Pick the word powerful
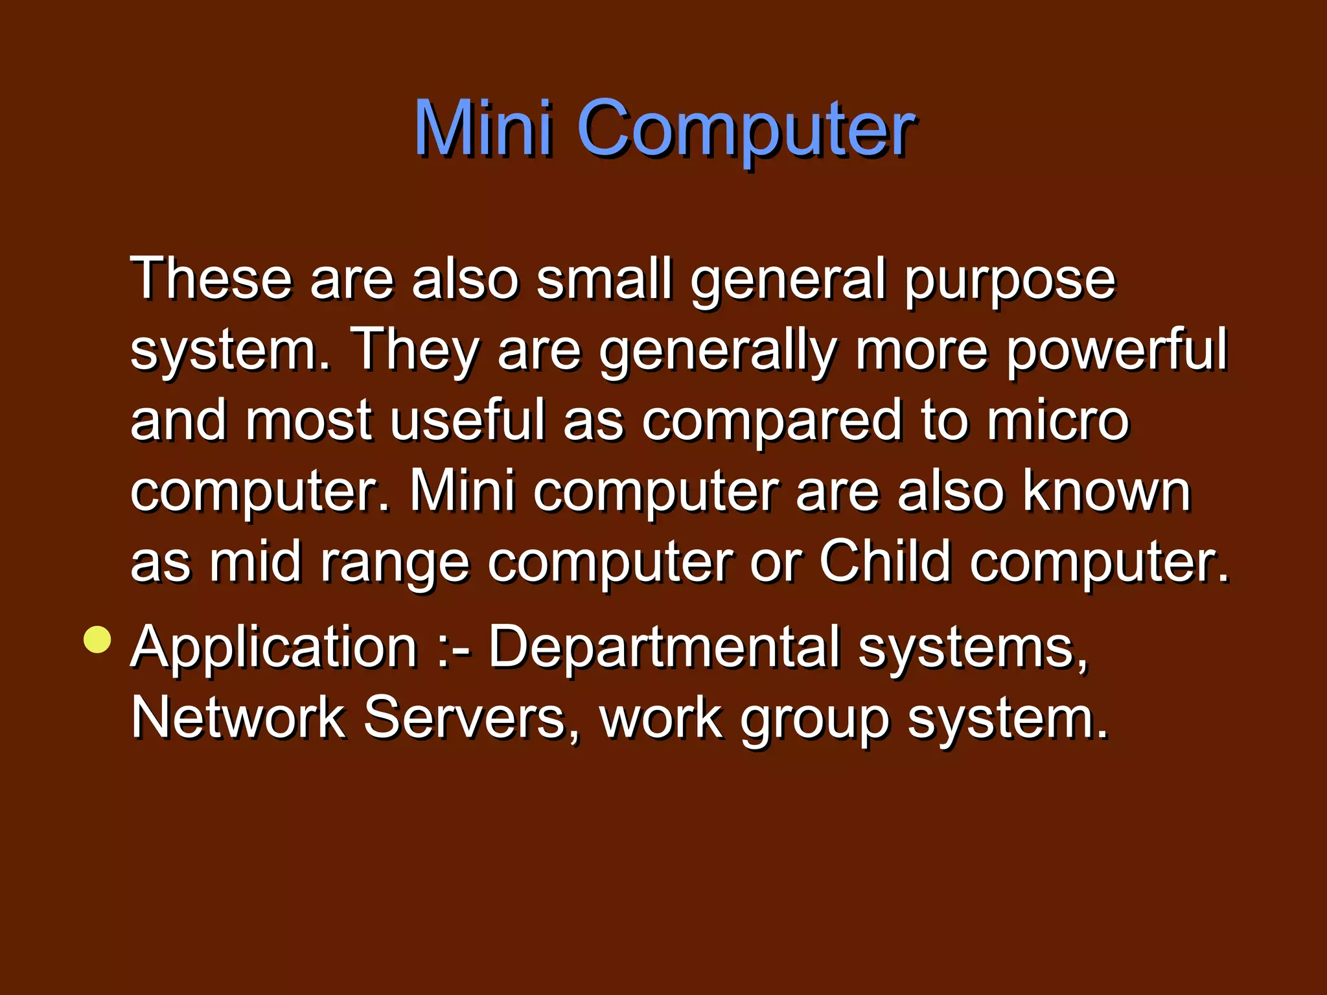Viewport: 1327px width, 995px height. point(1116,350)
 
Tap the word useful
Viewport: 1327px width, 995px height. point(468,420)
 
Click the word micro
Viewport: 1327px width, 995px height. point(1058,420)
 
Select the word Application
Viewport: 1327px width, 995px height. point(273,648)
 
